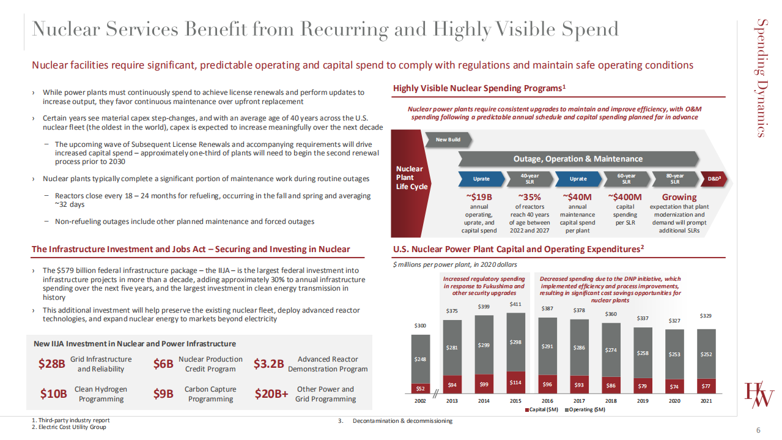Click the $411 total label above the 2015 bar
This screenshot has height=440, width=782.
[x=515, y=304]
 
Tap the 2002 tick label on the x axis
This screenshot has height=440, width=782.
[x=421, y=401]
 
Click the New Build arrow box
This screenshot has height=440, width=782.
[x=449, y=140]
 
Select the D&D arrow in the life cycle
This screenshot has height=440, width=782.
[x=714, y=179]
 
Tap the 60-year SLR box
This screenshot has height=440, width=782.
[x=626, y=179]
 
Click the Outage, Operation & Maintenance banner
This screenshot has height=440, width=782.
[x=578, y=158]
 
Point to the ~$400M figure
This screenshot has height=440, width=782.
[x=625, y=197]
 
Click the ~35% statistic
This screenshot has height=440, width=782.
[x=529, y=197]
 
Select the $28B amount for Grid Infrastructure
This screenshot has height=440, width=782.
[x=51, y=364]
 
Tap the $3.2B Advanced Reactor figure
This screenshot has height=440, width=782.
[x=268, y=364]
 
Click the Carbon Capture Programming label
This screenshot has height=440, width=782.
[x=210, y=394]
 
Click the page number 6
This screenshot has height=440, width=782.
[x=758, y=431]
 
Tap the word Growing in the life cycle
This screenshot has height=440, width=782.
[x=679, y=197]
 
